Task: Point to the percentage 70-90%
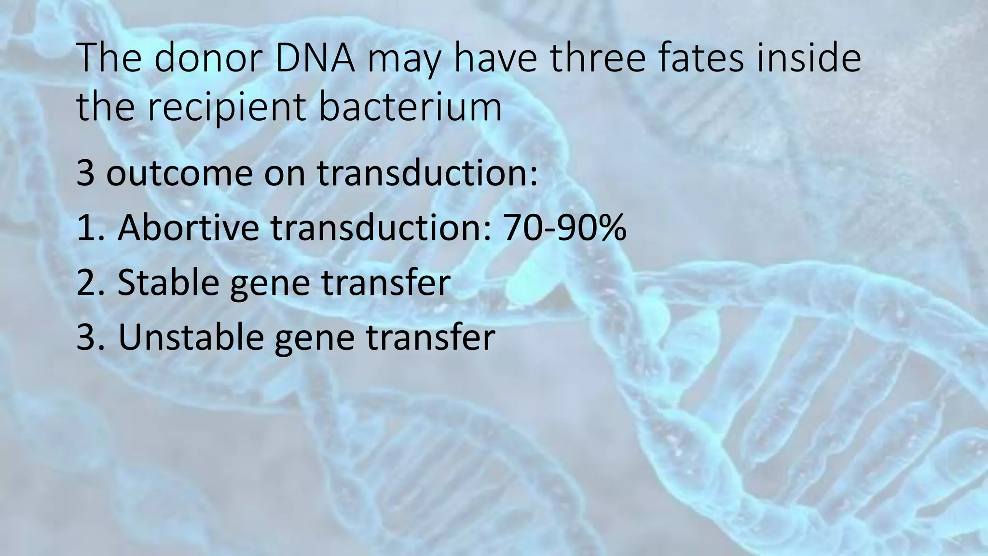[564, 227]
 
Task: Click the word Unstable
[191, 337]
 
